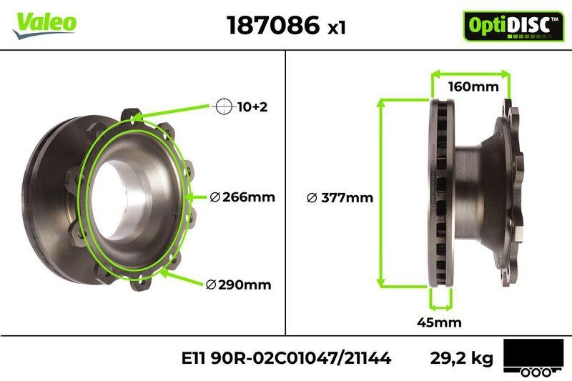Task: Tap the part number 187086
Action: pyautogui.click(x=272, y=25)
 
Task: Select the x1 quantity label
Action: pyautogui.click(x=336, y=28)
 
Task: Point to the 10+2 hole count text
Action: pyautogui.click(x=251, y=107)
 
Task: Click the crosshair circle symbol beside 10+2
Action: pyautogui.click(x=224, y=107)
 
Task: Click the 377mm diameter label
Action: pyautogui.click(x=340, y=198)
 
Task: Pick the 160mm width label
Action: pyautogui.click(x=473, y=88)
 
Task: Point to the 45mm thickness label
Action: pyautogui.click(x=439, y=322)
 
